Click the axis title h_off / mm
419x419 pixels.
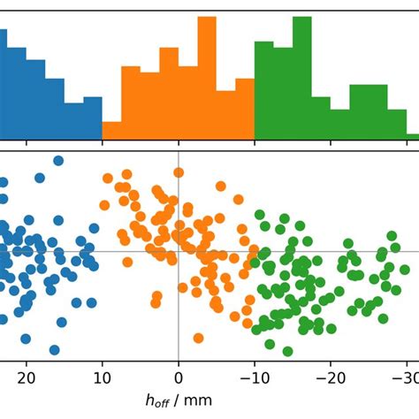179,400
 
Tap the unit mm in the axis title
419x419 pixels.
200,400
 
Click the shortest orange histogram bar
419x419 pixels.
112,130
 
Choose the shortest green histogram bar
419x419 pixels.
413,136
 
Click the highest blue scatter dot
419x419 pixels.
58,161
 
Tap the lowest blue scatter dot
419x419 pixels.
54,349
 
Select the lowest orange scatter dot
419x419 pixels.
200,337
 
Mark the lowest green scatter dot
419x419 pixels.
287,351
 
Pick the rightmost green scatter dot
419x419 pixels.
393,236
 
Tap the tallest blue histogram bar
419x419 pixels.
3,84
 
